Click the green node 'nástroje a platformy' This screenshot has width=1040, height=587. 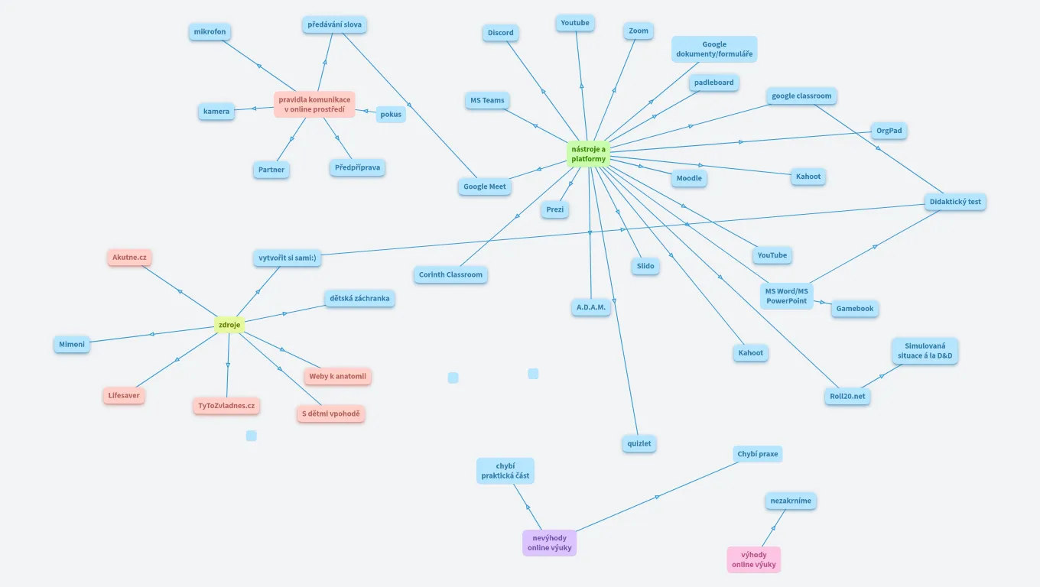(x=588, y=154)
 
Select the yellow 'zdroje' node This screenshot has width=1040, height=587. (x=229, y=326)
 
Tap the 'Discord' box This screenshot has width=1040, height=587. (x=501, y=33)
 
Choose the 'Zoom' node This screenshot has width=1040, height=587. (x=638, y=31)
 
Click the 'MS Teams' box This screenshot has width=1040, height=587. (x=487, y=101)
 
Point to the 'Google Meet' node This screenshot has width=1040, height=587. (x=485, y=186)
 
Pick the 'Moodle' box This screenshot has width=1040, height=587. (x=689, y=178)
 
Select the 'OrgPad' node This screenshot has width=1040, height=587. (x=889, y=131)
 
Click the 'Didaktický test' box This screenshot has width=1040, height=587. (x=954, y=203)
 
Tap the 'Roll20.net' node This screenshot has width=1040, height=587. (x=847, y=397)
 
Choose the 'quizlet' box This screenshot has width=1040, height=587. (x=639, y=444)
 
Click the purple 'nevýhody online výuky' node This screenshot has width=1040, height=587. (x=549, y=543)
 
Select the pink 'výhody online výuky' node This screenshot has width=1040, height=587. (x=753, y=559)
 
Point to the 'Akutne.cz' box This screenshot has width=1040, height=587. (x=129, y=258)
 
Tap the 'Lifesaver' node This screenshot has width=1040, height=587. (x=124, y=396)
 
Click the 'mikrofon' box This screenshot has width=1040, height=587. (x=210, y=32)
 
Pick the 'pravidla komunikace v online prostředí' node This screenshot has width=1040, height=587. (x=314, y=105)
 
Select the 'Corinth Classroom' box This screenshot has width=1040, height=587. (x=450, y=275)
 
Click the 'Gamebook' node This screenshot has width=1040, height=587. (x=854, y=309)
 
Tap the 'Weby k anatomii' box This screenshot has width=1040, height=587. (x=337, y=376)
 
